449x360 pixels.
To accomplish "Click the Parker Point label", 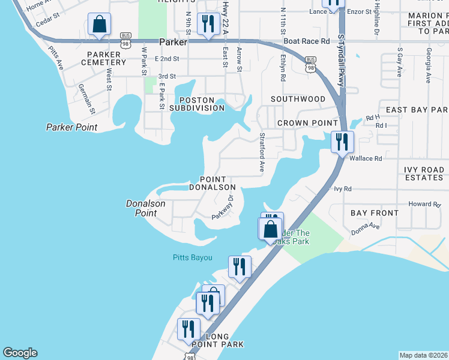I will [71, 127].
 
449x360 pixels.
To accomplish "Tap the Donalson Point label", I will [142, 208].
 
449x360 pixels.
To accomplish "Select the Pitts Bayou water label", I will [189, 257].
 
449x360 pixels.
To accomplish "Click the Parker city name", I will [174, 42].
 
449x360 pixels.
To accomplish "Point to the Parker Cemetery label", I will [100, 58].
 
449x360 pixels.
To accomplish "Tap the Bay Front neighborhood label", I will [375, 213].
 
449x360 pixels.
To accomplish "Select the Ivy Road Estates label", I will [414, 174].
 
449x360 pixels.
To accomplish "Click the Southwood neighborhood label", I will [298, 98].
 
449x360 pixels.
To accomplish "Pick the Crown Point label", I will [307, 123].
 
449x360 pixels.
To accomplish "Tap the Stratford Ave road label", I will [262, 152].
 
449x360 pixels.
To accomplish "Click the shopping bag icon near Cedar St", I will [99, 25].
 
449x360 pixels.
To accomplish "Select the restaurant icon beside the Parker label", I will [208, 25].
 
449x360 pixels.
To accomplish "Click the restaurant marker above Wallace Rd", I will [342, 142].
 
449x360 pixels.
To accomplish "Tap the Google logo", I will [20, 353].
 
